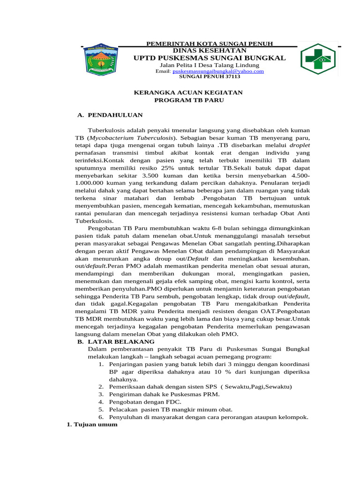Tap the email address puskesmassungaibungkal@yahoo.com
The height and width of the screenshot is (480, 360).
pyautogui.click(x=218, y=71)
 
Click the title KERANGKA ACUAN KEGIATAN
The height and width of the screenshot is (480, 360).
pyautogui.click(x=188, y=93)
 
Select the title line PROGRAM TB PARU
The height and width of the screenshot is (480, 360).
pyautogui.click(x=189, y=100)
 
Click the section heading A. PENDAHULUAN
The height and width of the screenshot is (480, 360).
pyautogui.click(x=110, y=115)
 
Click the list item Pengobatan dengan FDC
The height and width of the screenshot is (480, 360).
pyautogui.click(x=145, y=402)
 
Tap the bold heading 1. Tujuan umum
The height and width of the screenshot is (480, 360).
pyautogui.click(x=90, y=425)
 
